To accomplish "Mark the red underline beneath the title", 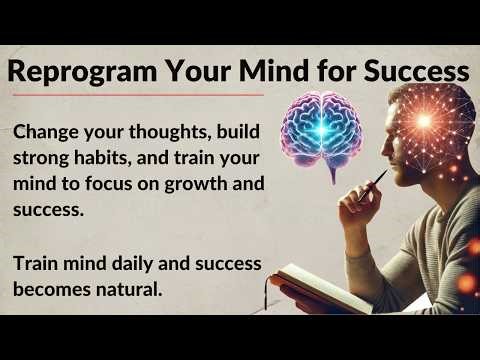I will (140, 95).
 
